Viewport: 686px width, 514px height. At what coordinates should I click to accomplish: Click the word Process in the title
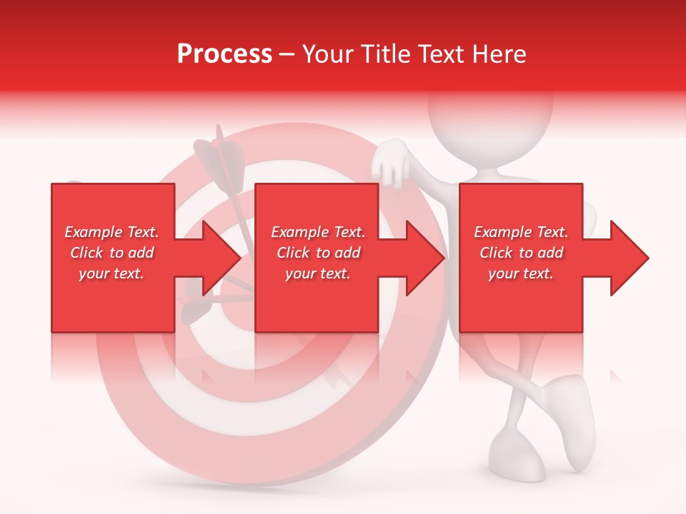pyautogui.click(x=224, y=54)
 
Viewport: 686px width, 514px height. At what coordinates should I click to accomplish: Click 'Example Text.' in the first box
pyautogui.click(x=111, y=232)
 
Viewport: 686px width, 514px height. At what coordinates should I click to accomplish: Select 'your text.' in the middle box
pyautogui.click(x=318, y=273)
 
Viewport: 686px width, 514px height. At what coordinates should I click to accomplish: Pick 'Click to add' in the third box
pyautogui.click(x=522, y=253)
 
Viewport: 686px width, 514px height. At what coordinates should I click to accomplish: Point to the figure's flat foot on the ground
pyautogui.click(x=517, y=457)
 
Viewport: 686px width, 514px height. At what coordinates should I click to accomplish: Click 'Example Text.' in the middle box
pyautogui.click(x=318, y=232)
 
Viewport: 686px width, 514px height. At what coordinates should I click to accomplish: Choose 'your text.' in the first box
pyautogui.click(x=111, y=273)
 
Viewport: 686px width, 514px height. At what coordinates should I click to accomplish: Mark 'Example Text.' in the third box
pyautogui.click(x=522, y=232)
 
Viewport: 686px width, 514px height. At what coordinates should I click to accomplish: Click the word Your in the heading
pyautogui.click(x=327, y=54)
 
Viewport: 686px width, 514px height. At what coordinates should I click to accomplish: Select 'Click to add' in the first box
pyautogui.click(x=111, y=253)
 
